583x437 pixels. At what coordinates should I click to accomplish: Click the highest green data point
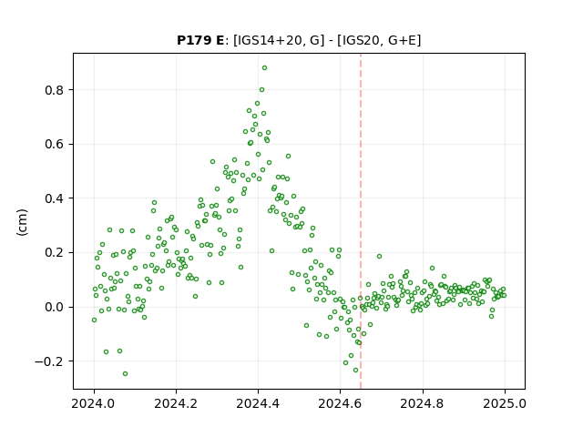pos(264,68)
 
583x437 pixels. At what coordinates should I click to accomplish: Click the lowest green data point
pos(126,374)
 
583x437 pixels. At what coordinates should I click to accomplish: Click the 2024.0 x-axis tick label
pos(94,403)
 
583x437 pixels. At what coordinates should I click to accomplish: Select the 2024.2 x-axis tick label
pos(176,403)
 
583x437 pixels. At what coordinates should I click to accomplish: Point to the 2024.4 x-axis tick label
pos(258,403)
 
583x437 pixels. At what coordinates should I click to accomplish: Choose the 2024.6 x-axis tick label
pos(340,403)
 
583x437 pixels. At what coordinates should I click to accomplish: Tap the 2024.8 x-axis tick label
pos(423,403)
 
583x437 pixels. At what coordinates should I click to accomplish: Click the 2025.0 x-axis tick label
pos(505,403)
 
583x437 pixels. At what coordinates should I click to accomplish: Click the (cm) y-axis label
pos(22,222)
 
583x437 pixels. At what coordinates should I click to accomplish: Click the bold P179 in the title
pos(192,40)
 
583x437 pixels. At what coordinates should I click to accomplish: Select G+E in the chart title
pos(402,40)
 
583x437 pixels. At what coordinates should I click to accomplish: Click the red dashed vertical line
pos(361,221)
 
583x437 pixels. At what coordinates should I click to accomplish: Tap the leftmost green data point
pos(94,320)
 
